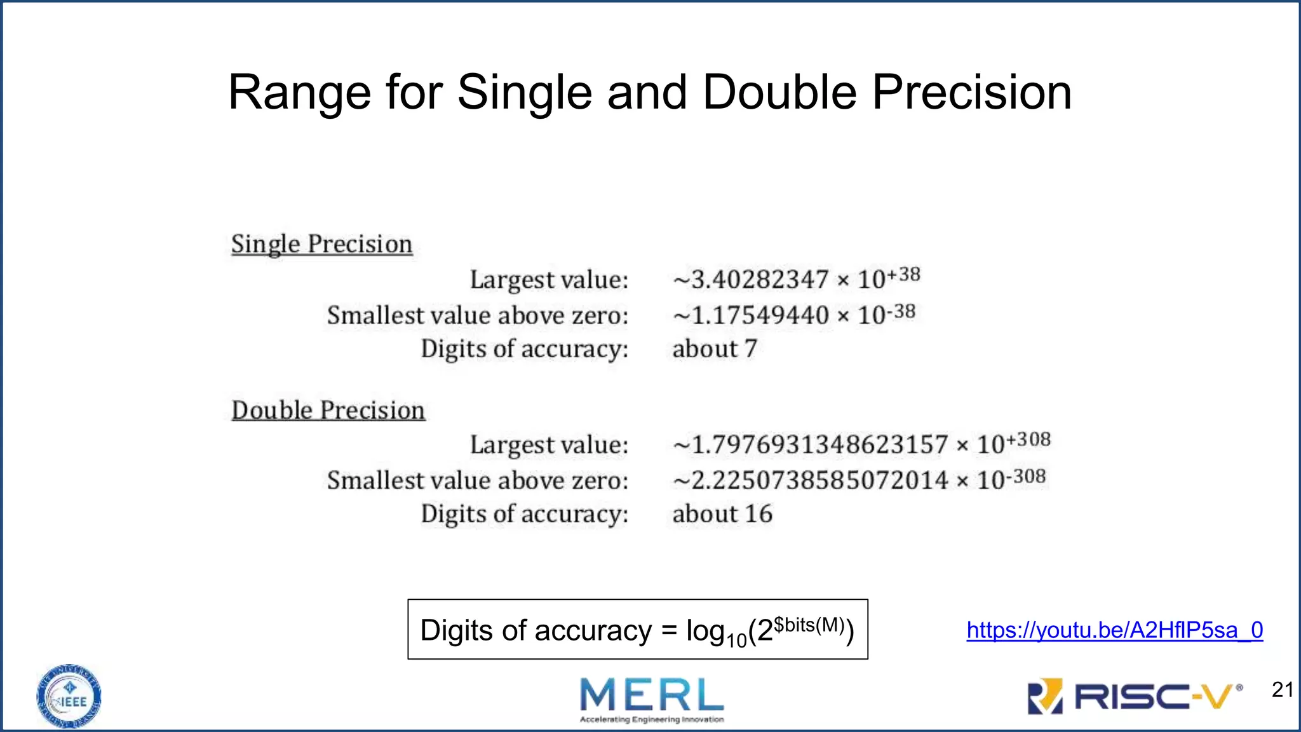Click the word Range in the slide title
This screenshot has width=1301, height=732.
click(299, 93)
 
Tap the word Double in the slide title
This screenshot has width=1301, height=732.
click(779, 93)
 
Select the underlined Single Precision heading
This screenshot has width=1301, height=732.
click(321, 245)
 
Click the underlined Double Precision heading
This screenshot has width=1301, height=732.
click(328, 410)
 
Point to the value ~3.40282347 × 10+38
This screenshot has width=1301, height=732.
click(796, 278)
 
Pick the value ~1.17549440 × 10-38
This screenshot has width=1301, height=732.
click(793, 315)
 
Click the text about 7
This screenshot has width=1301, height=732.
click(715, 349)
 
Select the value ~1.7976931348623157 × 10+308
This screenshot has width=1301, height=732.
click(861, 444)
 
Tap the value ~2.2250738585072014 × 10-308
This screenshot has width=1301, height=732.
click(859, 480)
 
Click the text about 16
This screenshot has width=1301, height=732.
click(722, 514)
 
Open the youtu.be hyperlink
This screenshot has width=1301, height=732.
click(1114, 630)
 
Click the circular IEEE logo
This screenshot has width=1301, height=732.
click(69, 696)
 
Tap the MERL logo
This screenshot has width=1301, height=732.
click(652, 698)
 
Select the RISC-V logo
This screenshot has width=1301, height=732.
click(1135, 696)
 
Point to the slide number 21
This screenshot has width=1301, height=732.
click(1283, 690)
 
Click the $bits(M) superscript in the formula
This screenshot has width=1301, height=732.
click(809, 625)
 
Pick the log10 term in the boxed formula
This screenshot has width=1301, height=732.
click(716, 632)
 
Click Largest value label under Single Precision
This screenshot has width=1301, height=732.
click(549, 280)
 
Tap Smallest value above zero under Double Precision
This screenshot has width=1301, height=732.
click(478, 480)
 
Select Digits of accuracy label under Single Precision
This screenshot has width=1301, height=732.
click(524, 349)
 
